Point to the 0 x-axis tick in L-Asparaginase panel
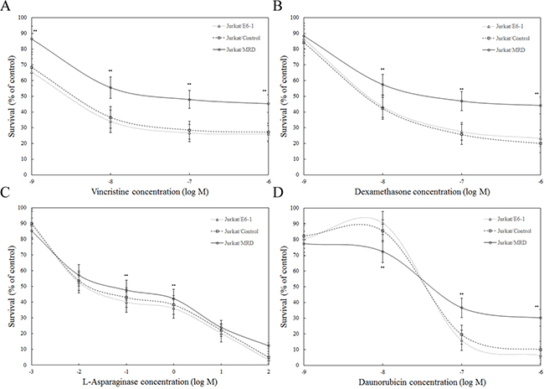point(173,366)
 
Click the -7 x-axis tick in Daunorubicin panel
point(461,366)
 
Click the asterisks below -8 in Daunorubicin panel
point(382,267)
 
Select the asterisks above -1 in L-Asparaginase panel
point(126,276)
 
